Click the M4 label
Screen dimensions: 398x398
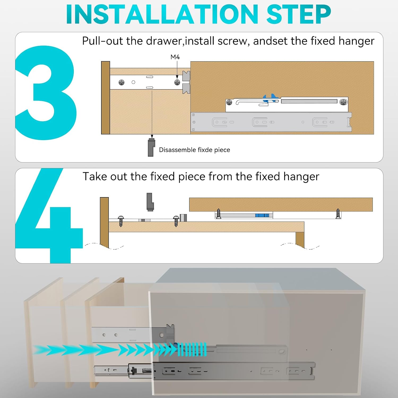(x=175, y=57)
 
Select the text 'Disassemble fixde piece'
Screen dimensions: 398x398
(x=194, y=150)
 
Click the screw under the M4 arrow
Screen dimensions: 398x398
(x=177, y=83)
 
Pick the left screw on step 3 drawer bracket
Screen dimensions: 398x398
(x=122, y=83)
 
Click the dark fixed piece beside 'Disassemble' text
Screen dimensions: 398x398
(x=151, y=147)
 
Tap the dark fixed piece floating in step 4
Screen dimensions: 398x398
(x=150, y=202)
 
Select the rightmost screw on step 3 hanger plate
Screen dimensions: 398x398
(x=343, y=102)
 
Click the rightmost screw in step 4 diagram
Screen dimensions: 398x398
(x=338, y=214)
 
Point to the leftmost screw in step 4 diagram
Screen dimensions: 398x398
(x=121, y=221)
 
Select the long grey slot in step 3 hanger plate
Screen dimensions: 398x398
(x=309, y=101)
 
